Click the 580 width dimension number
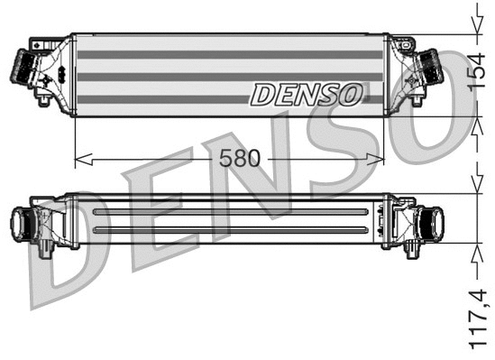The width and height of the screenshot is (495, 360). click(x=240, y=159)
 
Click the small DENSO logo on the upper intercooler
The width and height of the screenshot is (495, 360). click(x=307, y=92)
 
